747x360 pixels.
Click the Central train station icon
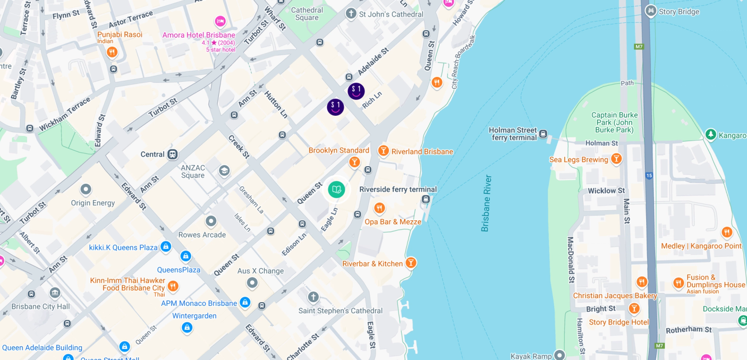[172, 155]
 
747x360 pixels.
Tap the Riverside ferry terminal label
[398, 190]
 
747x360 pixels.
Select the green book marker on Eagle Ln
[336, 190]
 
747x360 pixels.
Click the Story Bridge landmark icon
[650, 11]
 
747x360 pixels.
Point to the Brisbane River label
[486, 203]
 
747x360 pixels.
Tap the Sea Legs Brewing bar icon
[616, 159]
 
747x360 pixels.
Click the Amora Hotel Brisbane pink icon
[220, 22]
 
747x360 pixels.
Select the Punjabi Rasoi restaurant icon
[112, 52]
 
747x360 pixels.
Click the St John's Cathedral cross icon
[351, 14]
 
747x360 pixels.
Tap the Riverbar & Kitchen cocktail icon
[411, 263]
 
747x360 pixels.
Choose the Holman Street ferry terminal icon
[543, 134]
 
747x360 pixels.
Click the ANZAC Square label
[193, 172]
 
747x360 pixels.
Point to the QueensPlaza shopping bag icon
[185, 256]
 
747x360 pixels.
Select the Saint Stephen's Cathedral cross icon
[313, 297]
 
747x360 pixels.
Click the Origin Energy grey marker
[86, 190]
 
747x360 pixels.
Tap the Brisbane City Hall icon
[55, 293]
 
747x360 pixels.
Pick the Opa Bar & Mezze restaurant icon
[379, 208]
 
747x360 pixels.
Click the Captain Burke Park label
[615, 122]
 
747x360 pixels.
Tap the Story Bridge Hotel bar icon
[634, 308]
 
